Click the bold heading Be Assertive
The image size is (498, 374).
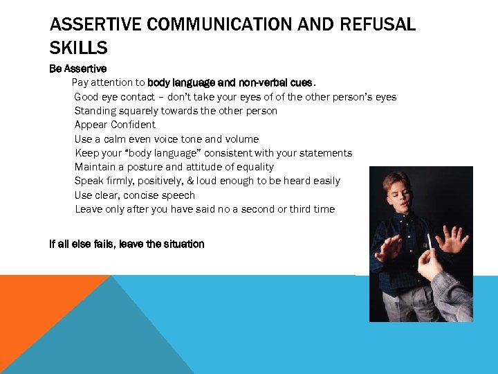pyautogui.click(x=77, y=69)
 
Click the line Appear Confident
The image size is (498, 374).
pyautogui.click(x=115, y=125)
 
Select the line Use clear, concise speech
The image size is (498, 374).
pyautogui.click(x=135, y=195)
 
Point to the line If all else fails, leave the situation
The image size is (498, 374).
pyautogui.click(x=127, y=244)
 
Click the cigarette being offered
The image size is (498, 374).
pyautogui.click(x=429, y=242)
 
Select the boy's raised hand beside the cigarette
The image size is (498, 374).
pyautogui.click(x=454, y=239)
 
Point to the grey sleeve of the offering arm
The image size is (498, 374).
pyautogui.click(x=452, y=294)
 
